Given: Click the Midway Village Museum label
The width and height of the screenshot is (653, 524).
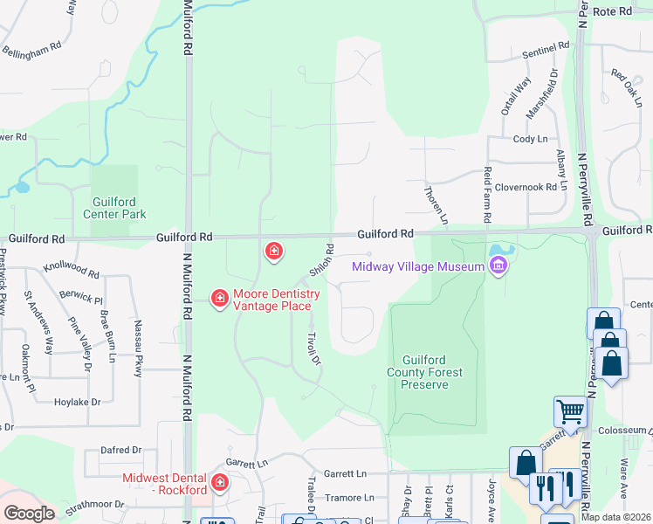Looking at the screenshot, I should [x=417, y=266].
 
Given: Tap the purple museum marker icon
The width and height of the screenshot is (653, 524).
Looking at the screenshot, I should [x=498, y=267].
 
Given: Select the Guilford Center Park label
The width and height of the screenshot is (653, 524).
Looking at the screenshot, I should [x=114, y=208].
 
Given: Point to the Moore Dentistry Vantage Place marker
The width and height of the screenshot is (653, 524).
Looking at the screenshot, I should [x=219, y=300].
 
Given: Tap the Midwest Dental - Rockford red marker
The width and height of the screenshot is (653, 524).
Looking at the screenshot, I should [x=219, y=481].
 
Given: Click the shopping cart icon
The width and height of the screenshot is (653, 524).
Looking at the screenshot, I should [x=570, y=410].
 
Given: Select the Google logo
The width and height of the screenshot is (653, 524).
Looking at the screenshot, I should [x=29, y=514].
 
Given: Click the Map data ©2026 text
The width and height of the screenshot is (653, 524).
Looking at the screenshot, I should [x=616, y=517].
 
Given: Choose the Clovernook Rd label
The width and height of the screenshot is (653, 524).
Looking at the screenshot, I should [x=526, y=187].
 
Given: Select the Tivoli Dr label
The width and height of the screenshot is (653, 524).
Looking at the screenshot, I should [x=314, y=348].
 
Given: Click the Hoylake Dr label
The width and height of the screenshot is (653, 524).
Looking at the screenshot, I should [x=78, y=403].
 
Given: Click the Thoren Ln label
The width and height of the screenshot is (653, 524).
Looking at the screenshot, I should [x=436, y=203].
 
